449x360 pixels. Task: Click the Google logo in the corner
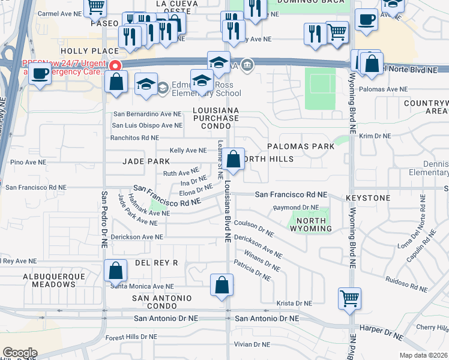coord(19,353)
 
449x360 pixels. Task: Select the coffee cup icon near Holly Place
coord(40,74)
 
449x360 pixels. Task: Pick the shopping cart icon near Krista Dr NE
coord(349,298)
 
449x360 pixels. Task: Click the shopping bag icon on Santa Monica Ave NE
coord(115,271)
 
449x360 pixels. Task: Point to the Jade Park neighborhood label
coord(146,161)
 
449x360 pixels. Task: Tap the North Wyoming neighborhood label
coord(312,224)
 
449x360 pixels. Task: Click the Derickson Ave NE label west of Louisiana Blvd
coord(137,237)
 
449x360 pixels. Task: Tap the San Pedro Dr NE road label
coord(104,220)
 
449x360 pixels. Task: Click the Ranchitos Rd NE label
coord(143,137)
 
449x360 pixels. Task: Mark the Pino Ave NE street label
coord(28,162)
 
